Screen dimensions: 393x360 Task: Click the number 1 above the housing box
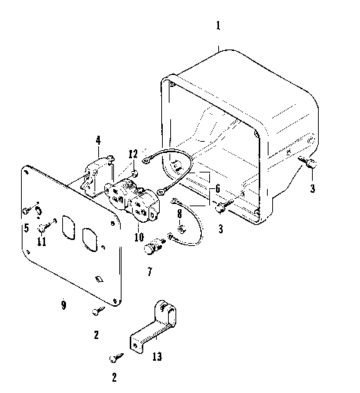(x=218, y=25)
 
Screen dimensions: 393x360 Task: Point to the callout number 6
(x=217, y=190)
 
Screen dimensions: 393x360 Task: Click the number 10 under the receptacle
(x=139, y=237)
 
